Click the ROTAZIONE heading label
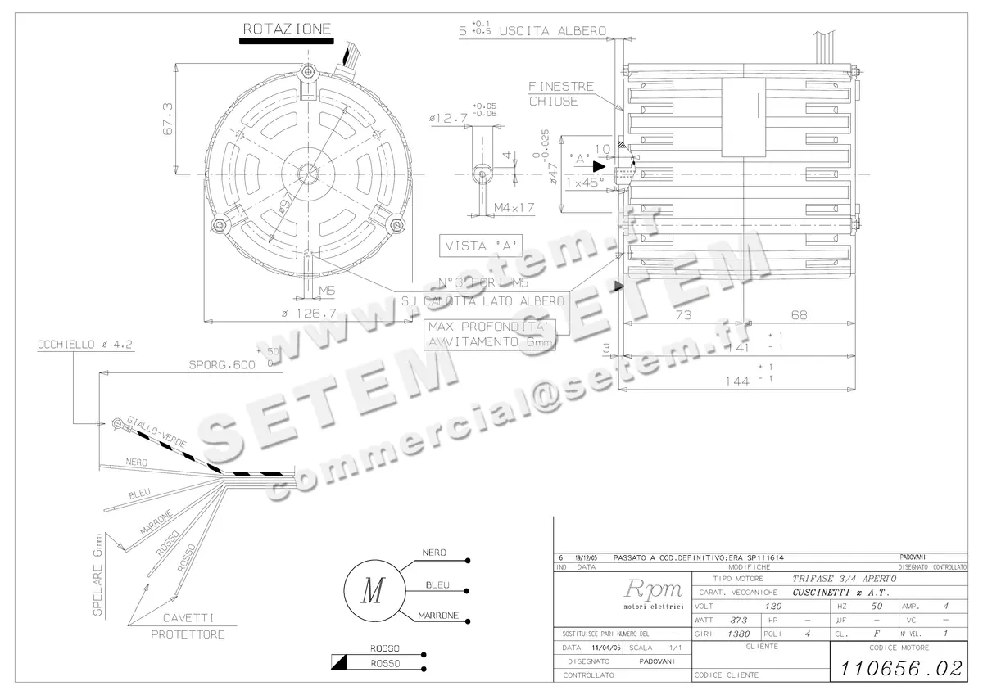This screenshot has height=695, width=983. (x=287, y=29)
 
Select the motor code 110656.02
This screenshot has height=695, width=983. (x=898, y=668)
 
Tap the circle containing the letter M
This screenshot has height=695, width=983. (x=373, y=589)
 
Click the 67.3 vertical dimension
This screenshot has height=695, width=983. (x=166, y=120)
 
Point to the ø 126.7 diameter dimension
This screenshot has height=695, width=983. (x=310, y=313)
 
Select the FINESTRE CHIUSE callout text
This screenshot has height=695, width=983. (x=560, y=93)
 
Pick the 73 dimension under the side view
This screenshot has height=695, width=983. (x=683, y=314)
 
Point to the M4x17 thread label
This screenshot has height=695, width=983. (x=514, y=208)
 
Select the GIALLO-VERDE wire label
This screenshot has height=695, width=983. (x=160, y=431)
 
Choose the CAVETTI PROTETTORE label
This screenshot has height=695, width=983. (x=188, y=625)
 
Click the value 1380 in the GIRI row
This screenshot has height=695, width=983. (x=739, y=634)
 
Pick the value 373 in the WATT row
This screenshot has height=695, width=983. (x=739, y=620)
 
